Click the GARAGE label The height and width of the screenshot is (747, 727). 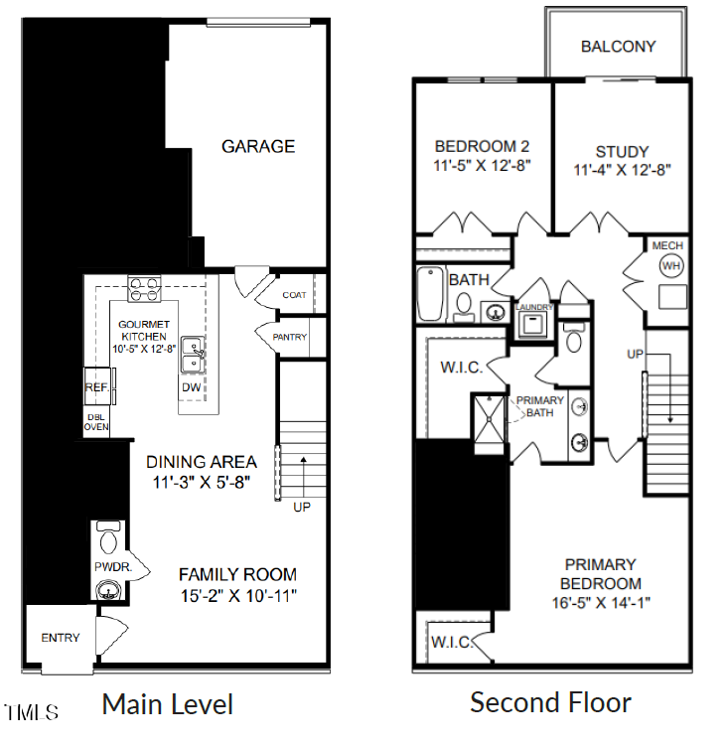257,146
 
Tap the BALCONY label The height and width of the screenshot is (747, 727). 618,47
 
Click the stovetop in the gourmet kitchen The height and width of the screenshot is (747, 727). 144,291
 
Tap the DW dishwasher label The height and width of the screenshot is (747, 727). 191,386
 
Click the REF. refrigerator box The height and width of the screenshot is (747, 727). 95,386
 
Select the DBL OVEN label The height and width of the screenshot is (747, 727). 95,421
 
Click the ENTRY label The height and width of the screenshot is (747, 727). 60,637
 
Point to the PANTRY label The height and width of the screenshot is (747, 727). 290,338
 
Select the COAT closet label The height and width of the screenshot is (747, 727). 294,295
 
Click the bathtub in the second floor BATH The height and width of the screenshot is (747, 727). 430,294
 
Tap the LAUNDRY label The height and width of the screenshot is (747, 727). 534,308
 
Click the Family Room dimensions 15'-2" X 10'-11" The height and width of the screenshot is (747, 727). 237,596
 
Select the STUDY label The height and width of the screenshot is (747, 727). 622,152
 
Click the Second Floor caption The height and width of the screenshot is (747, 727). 550,703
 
